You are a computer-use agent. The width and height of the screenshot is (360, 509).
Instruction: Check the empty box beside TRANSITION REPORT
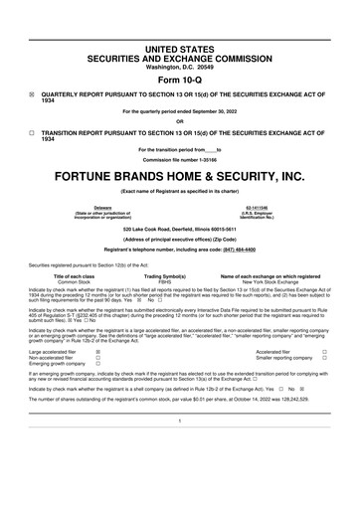[x=32, y=130]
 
